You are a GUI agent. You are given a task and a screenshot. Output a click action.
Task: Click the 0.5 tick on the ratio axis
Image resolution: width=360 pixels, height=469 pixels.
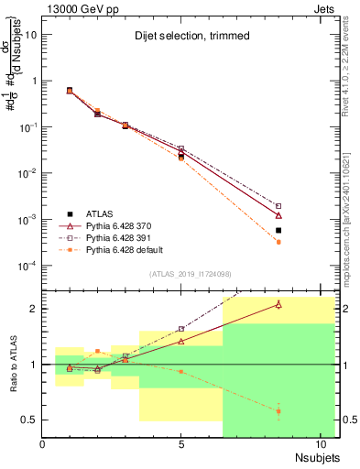click(x=29, y=420)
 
